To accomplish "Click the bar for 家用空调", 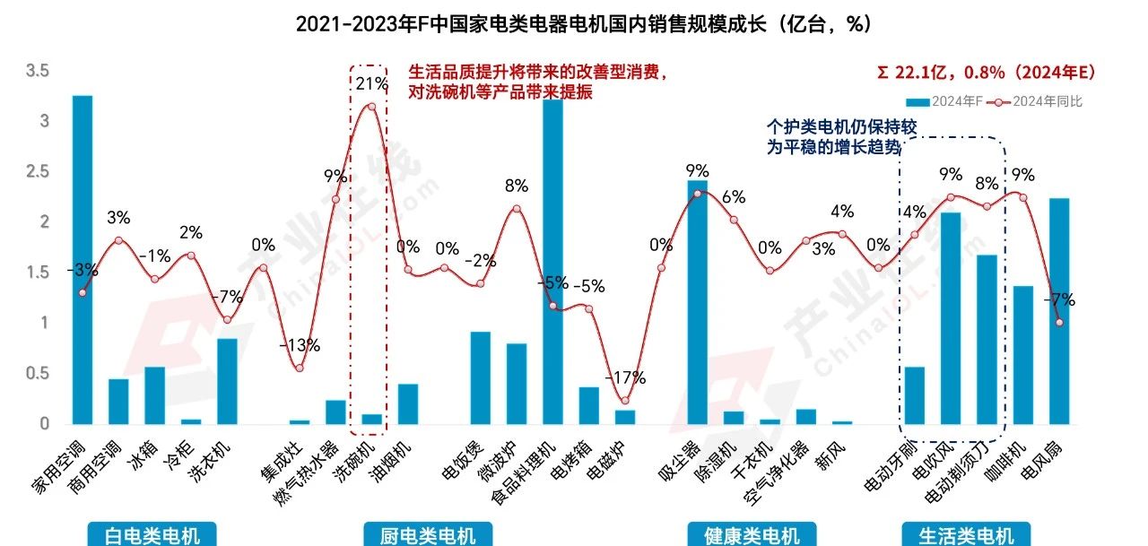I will [x=83, y=259].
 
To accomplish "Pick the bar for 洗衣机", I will [x=227, y=380].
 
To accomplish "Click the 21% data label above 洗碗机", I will [x=371, y=84].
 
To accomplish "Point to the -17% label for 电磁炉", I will [x=626, y=378].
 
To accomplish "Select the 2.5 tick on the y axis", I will [x=39, y=171].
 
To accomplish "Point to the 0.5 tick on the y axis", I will [x=39, y=373].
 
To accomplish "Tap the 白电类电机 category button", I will [x=144, y=535].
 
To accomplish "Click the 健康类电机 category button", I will [x=751, y=535].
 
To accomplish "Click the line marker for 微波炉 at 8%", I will [x=517, y=209].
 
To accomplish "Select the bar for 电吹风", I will [x=951, y=317].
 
